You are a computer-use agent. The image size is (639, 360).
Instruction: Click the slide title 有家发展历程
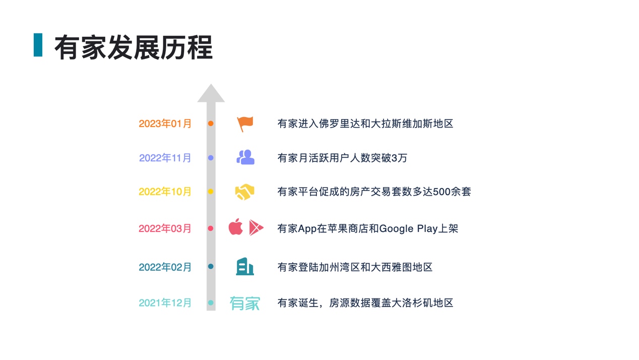click(133, 47)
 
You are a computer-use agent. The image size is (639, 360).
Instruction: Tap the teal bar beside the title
click(38, 45)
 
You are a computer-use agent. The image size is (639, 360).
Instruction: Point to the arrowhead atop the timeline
click(211, 94)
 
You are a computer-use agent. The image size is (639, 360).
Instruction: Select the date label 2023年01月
click(165, 124)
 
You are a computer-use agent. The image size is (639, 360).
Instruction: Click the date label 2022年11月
click(165, 158)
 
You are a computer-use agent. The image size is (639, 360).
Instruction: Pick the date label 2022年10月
click(165, 192)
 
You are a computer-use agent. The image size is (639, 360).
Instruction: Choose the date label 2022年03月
click(165, 228)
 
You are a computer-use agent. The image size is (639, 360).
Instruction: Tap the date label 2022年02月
click(165, 267)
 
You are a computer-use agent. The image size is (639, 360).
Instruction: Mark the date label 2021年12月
click(165, 303)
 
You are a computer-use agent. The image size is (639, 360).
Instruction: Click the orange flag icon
click(245, 124)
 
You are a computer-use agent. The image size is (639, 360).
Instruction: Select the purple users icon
click(245, 157)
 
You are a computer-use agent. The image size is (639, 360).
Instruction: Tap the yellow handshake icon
click(245, 192)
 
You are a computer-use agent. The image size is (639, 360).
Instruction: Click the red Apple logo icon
click(236, 227)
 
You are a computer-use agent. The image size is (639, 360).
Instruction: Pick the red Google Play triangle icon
click(256, 228)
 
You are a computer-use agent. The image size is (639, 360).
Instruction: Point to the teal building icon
click(245, 266)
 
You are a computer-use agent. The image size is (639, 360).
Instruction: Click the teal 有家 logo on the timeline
click(245, 303)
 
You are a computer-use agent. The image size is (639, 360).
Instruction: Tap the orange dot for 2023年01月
click(211, 124)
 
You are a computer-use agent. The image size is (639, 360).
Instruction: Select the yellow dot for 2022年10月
click(211, 192)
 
